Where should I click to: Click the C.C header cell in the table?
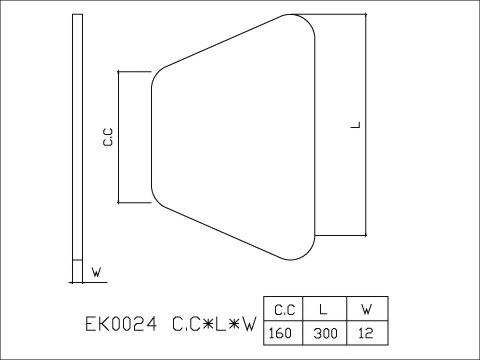point(283,309)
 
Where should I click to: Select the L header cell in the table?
point(324,309)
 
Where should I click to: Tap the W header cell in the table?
point(367,309)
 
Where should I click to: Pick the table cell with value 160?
point(283,333)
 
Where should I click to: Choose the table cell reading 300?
point(324,333)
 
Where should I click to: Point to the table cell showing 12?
point(367,333)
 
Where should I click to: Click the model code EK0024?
point(121,324)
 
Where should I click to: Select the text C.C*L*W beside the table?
point(215,324)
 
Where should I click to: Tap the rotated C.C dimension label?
point(108,137)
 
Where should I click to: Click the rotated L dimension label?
point(356,125)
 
